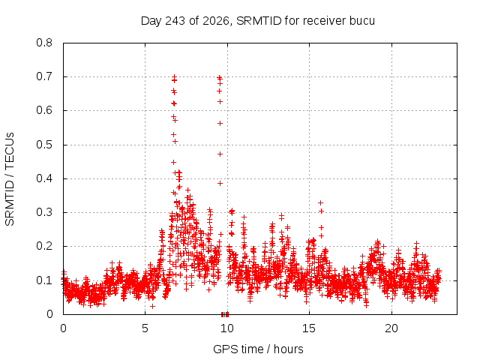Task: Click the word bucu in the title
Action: coord(361,21)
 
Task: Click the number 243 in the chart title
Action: coord(175,21)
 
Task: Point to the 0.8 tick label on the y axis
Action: coord(44,43)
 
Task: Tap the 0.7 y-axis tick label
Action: coord(44,76)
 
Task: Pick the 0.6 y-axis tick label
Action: coord(44,110)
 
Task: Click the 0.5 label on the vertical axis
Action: coord(44,145)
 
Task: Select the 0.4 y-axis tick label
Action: coord(44,178)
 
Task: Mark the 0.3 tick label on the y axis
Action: coord(44,212)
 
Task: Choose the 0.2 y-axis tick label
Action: coord(44,246)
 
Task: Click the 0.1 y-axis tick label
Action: coord(44,280)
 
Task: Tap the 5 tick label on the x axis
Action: coord(145,328)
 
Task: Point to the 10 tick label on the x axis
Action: coord(226,328)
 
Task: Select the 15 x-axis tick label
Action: coord(309,328)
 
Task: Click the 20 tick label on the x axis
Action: coord(391,328)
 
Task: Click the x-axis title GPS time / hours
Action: coord(258,349)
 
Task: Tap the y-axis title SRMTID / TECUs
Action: coord(10,179)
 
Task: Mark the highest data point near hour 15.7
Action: coord(320,202)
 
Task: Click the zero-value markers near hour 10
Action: coord(225,314)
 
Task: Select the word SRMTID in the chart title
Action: coord(259,21)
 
